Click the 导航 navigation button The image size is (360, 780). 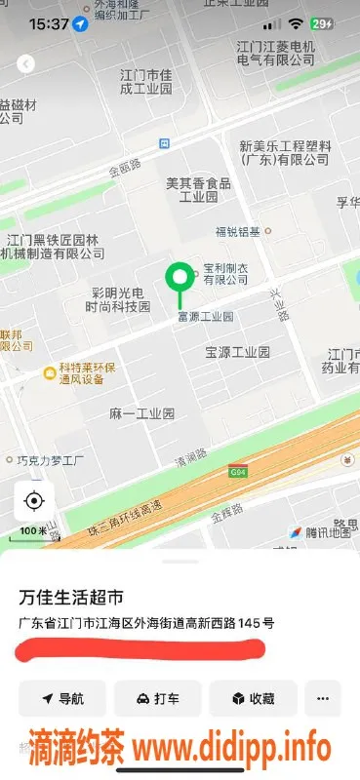click(61, 698)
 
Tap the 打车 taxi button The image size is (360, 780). click(158, 698)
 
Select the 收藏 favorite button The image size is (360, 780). click(252, 698)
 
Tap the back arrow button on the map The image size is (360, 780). click(26, 64)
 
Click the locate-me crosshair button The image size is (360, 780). click(34, 501)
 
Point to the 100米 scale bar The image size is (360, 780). click(32, 531)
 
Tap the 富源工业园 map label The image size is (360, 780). click(205, 317)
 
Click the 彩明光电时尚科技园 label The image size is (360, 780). click(117, 299)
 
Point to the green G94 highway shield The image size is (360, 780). click(236, 472)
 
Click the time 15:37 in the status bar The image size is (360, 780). click(49, 22)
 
